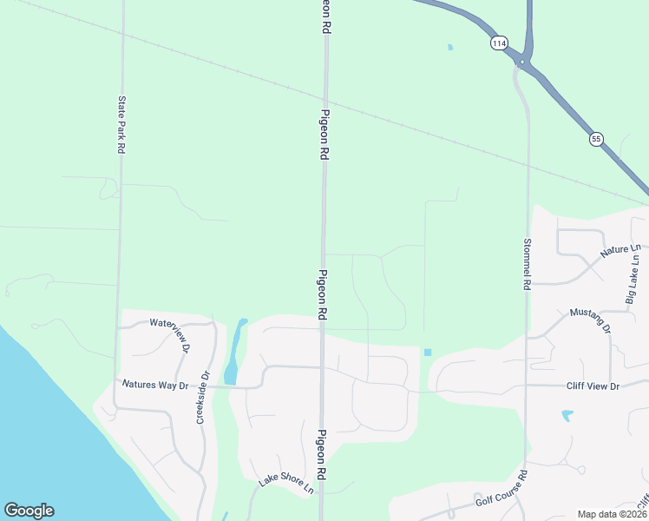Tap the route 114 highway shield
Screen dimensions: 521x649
(498, 43)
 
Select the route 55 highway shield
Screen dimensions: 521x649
(595, 138)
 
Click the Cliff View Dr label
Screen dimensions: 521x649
(590, 385)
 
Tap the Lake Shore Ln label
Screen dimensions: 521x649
(286, 485)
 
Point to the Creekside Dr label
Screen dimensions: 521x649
(202, 398)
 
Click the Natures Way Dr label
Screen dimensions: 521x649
(155, 383)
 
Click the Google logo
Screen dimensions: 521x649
(29, 510)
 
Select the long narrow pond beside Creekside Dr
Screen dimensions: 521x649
(234, 352)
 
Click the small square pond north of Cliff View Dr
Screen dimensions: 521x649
(427, 352)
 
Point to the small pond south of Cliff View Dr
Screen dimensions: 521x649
(567, 416)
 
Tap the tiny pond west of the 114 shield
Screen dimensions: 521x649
(450, 47)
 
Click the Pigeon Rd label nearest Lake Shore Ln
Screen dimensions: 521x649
(322, 456)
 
